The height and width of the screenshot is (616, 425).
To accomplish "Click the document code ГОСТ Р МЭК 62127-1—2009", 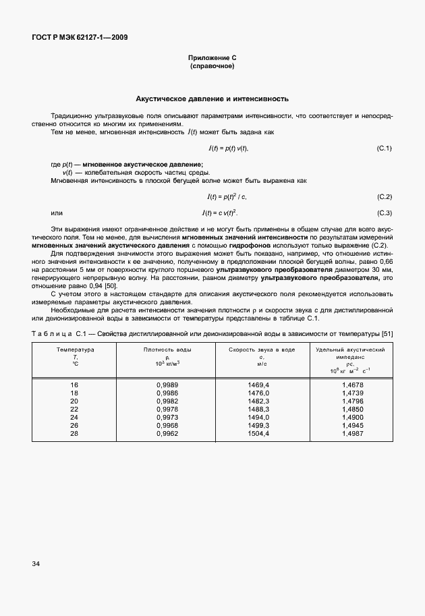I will click(x=80, y=37).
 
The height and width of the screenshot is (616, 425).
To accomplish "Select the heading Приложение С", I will click(x=213, y=59).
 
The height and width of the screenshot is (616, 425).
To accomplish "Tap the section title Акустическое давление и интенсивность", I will click(x=213, y=99).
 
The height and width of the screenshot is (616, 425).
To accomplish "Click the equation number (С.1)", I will click(x=384, y=148).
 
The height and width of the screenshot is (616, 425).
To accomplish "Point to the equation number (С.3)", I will click(x=384, y=213).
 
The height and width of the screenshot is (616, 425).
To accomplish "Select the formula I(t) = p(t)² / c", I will click(x=227, y=197).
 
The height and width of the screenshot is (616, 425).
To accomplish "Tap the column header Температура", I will click(x=75, y=350).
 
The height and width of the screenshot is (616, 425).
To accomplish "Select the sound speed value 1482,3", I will click(x=258, y=401).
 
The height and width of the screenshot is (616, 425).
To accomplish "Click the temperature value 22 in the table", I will click(x=75, y=409).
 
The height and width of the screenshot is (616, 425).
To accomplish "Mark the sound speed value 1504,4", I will click(x=258, y=433).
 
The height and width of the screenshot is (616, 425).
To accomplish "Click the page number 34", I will click(x=36, y=582).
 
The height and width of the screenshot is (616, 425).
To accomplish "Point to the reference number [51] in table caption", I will click(x=387, y=333).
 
